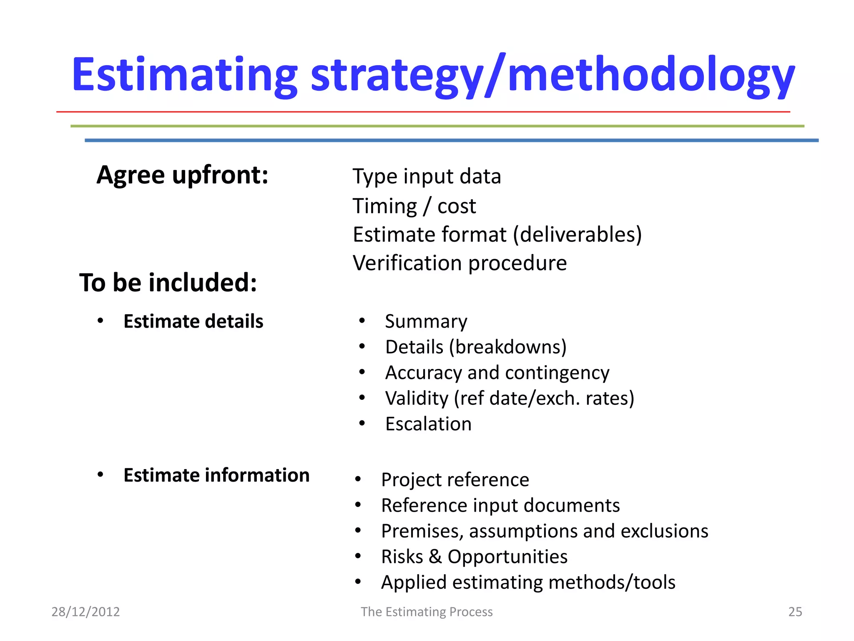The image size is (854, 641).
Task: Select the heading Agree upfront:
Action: pyautogui.click(x=182, y=174)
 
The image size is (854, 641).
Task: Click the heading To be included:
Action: pyautogui.click(x=168, y=283)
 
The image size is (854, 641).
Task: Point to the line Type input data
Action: pyautogui.click(x=427, y=176)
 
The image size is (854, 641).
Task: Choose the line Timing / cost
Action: pyautogui.click(x=414, y=206)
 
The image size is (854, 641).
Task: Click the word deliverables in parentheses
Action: pyautogui.click(x=578, y=235)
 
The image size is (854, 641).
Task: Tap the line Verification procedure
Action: pyautogui.click(x=460, y=263)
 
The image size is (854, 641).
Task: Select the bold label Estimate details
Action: pyautogui.click(x=193, y=321)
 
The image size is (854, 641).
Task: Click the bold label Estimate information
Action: pyautogui.click(x=216, y=475)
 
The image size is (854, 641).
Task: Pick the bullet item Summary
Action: pyautogui.click(x=426, y=321)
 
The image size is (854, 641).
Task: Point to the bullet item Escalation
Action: pyautogui.click(x=428, y=424)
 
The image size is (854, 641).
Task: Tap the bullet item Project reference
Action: pyautogui.click(x=455, y=480)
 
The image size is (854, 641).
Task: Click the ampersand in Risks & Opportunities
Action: pyautogui.click(x=435, y=557)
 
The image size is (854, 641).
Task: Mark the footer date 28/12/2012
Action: pyautogui.click(x=85, y=612)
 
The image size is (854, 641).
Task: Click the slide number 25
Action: pyautogui.click(x=795, y=612)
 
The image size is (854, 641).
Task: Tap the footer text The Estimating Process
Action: pyautogui.click(x=427, y=612)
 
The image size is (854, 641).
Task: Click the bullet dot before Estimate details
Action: pyautogui.click(x=100, y=321)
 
